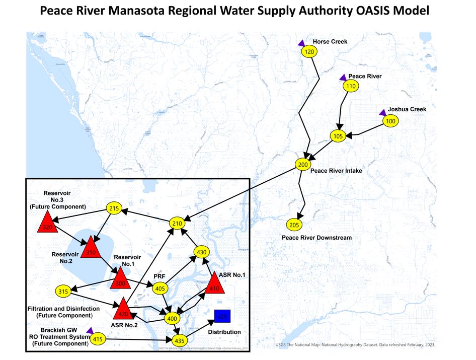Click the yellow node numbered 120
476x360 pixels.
point(309,52)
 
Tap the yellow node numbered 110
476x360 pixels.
point(351,87)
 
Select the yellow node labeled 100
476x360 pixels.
point(390,121)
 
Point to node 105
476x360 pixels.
point(338,136)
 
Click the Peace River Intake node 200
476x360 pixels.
point(302,165)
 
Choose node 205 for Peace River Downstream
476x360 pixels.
point(294,225)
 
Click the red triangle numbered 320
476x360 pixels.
point(48,224)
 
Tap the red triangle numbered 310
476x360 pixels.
point(91,249)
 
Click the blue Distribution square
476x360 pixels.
point(222,316)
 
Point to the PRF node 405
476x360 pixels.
point(161,289)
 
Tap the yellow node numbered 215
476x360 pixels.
point(114,208)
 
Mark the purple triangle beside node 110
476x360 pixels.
point(343,77)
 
